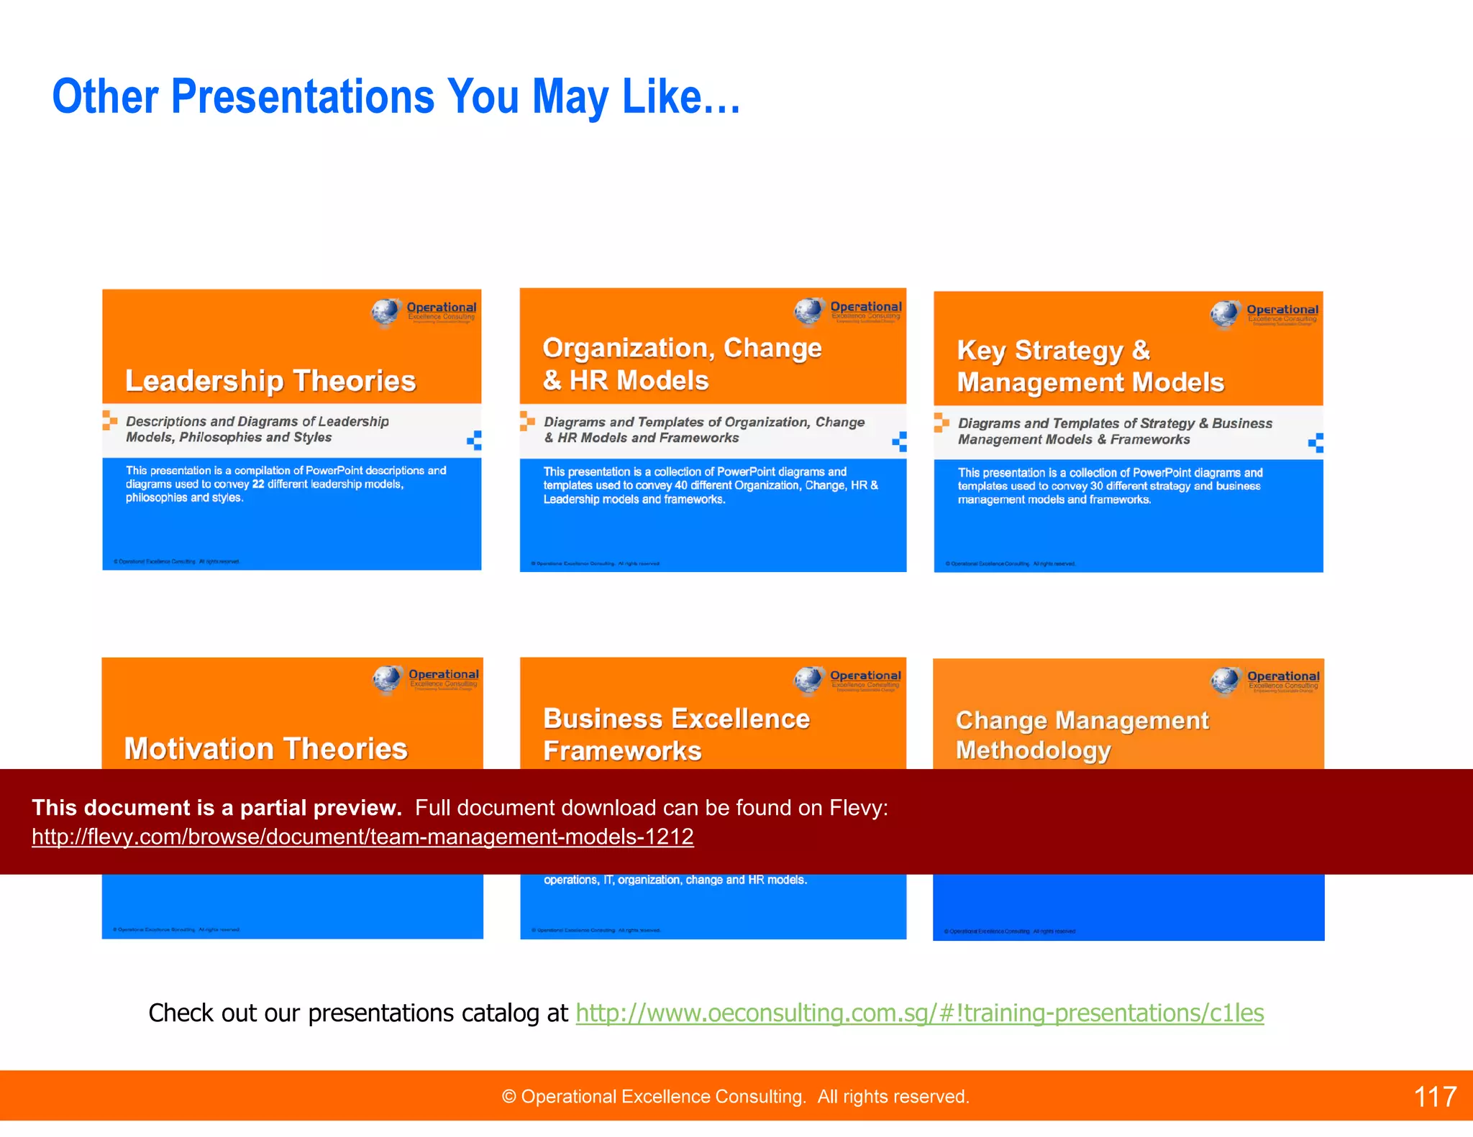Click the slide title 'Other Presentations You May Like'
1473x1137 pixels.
(x=396, y=97)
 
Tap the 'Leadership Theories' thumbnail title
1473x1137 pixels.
(x=270, y=381)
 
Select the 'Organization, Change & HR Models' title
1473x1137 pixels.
(x=682, y=364)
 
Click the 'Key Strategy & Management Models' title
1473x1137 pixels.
(x=1090, y=366)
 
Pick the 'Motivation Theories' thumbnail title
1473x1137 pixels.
(x=265, y=749)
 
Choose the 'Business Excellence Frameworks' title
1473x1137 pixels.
(x=676, y=734)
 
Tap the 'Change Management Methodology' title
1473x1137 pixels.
(x=1081, y=735)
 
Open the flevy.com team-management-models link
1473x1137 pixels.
(x=362, y=837)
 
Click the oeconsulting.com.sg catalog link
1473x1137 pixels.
(x=919, y=1013)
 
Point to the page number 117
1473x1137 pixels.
(x=1434, y=1097)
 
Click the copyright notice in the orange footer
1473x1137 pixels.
(x=735, y=1097)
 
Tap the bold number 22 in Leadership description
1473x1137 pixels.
(x=258, y=484)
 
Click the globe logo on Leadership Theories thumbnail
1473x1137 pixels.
(x=386, y=312)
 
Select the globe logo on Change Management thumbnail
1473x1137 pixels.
(x=1225, y=681)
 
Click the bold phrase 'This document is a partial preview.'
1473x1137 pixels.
(x=216, y=808)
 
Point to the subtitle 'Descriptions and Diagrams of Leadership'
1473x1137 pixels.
(x=257, y=421)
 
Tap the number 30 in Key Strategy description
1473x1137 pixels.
(x=1096, y=487)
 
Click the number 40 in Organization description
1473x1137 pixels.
(x=680, y=486)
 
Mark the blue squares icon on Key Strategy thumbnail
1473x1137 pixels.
(x=1315, y=443)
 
